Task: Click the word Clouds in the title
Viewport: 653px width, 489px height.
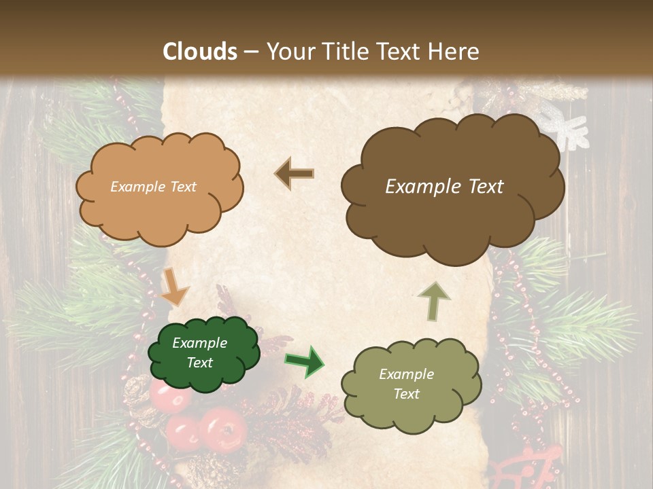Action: tap(200, 52)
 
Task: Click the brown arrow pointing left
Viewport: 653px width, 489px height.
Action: tap(295, 174)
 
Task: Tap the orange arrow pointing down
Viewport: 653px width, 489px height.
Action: tap(174, 287)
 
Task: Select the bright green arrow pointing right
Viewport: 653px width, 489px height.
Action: tap(304, 361)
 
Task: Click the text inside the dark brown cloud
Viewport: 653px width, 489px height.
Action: tap(444, 187)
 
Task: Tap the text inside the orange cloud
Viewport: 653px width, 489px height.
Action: tap(153, 187)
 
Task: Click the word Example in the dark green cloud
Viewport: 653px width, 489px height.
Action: tap(199, 343)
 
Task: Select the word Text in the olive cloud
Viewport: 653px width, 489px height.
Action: tap(406, 394)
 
